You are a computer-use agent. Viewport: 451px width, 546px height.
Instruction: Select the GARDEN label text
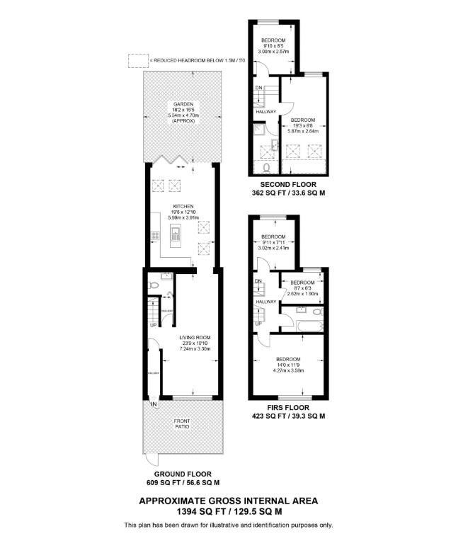tap(183, 104)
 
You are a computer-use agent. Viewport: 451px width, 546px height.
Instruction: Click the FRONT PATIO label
tap(183, 424)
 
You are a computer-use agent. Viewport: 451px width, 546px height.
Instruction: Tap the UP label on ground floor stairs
tap(152, 325)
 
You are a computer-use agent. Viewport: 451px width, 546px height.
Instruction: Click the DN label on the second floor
tap(258, 88)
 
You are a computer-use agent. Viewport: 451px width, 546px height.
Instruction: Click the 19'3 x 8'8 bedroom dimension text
tap(303, 125)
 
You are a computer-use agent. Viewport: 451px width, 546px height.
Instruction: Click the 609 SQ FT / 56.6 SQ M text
tap(183, 482)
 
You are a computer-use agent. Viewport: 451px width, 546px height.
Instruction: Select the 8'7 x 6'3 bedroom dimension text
tap(303, 288)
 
